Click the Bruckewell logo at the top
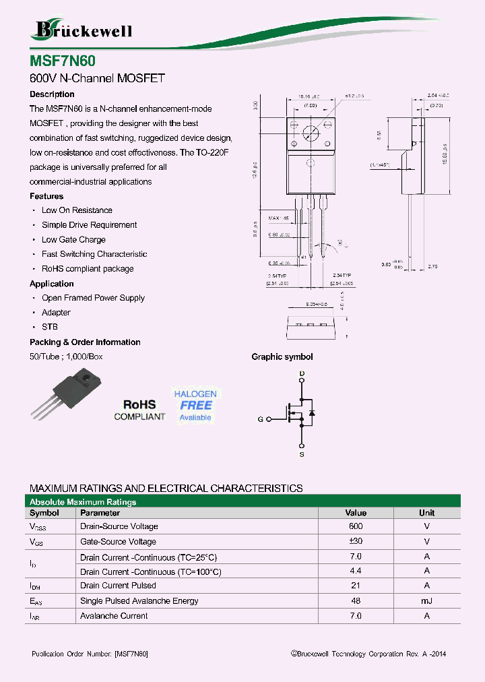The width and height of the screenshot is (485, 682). pyautogui.click(x=83, y=29)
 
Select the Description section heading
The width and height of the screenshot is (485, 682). pyautogui.click(x=52, y=94)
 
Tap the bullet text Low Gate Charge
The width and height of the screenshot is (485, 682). pyautogui.click(x=73, y=240)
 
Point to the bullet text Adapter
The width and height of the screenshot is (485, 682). pyautogui.click(x=56, y=313)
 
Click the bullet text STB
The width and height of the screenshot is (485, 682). pyautogui.click(x=50, y=327)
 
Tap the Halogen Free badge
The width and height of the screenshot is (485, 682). pyautogui.click(x=195, y=405)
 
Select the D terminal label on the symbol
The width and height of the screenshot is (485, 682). pyautogui.click(x=302, y=373)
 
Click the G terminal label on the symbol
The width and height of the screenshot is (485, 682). pyautogui.click(x=260, y=419)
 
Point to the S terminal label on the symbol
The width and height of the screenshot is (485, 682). pyautogui.click(x=302, y=455)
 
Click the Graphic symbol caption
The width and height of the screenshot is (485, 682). pyautogui.click(x=282, y=357)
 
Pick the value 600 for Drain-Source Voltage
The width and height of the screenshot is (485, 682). pyautogui.click(x=356, y=526)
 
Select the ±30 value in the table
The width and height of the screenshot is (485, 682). pyautogui.click(x=356, y=542)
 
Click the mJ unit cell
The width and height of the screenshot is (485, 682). pyautogui.click(x=426, y=601)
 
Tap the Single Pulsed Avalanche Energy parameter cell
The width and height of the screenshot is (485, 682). pyautogui.click(x=139, y=601)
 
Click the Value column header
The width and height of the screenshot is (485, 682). pyautogui.click(x=356, y=513)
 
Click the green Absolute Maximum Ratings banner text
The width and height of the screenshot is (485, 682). pyautogui.click(x=83, y=502)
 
